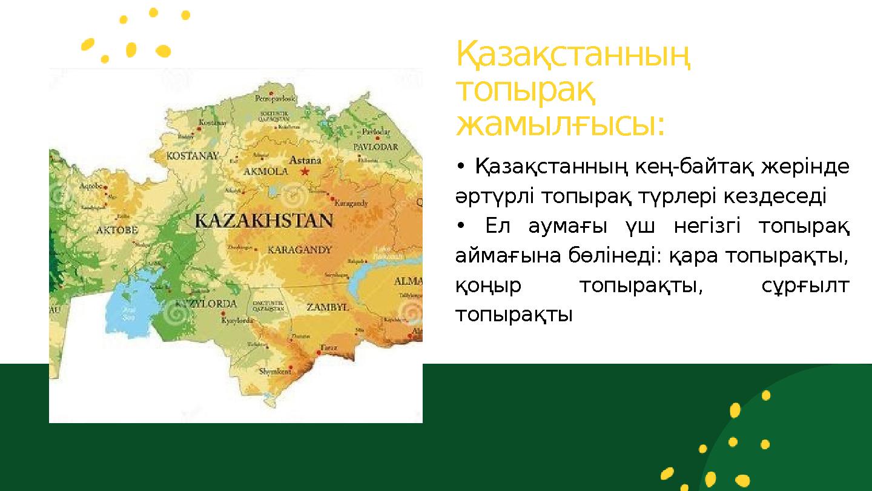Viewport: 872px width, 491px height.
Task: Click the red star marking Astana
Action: click(305, 172)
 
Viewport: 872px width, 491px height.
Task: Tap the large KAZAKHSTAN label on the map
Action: click(264, 220)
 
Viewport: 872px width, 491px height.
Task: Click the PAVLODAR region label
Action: click(375, 147)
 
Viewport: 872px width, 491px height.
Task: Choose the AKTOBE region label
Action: click(117, 230)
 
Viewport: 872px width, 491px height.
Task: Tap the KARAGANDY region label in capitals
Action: click(299, 249)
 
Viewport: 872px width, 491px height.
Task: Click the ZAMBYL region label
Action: click(328, 307)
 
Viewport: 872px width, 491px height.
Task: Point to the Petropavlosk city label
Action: click(276, 98)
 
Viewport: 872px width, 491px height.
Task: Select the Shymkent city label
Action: click(275, 371)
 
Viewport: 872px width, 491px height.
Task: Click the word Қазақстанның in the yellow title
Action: click(573, 55)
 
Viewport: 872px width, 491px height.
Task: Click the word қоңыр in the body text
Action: click(488, 286)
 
